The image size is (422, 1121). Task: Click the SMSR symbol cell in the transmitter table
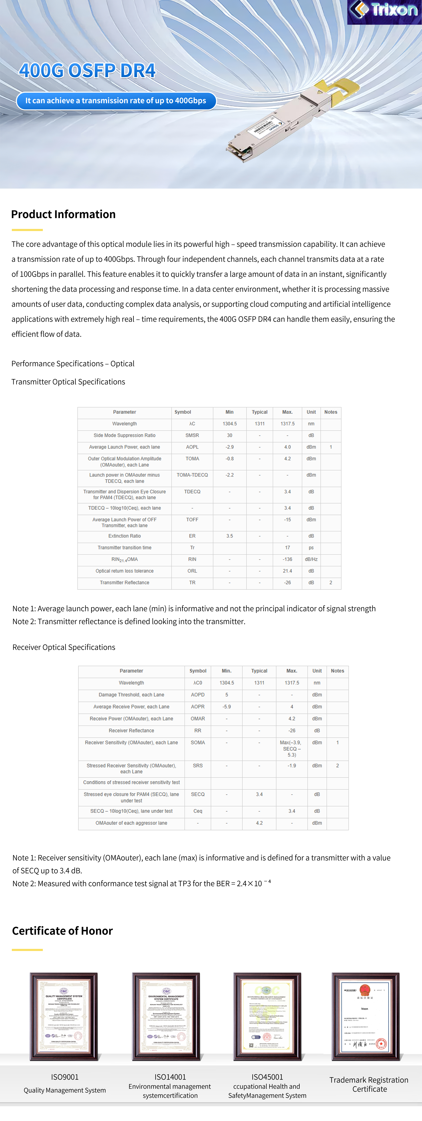[x=192, y=435]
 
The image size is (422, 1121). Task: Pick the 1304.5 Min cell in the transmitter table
[x=230, y=423]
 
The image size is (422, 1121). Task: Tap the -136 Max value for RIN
[x=287, y=559]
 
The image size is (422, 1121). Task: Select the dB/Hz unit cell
[x=311, y=559]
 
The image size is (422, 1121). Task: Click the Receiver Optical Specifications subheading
[x=64, y=647]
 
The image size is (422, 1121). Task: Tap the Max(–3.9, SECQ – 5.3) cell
[x=292, y=748]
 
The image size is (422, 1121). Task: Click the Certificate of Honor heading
[x=63, y=931]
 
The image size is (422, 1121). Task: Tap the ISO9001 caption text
[x=65, y=1077]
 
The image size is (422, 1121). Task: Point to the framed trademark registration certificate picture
[x=365, y=1016]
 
